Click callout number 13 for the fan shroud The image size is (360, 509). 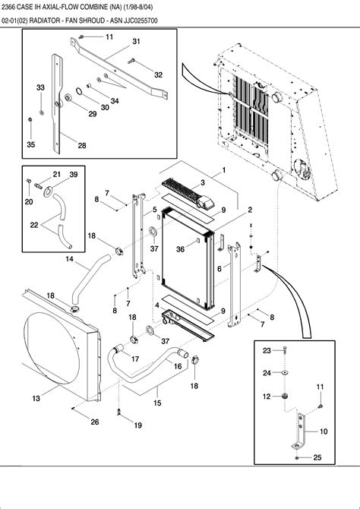[x=36, y=398]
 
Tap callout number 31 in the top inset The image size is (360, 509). [x=136, y=41]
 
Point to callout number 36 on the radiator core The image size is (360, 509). [x=180, y=249]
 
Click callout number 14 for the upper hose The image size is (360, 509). [x=69, y=260]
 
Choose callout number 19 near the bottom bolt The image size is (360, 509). [x=137, y=425]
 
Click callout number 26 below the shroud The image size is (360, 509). [x=95, y=422]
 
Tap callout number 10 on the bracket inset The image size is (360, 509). [x=324, y=431]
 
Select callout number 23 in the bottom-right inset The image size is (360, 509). [x=267, y=350]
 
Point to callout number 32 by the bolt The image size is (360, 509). [x=158, y=74]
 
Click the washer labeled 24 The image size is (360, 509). [x=284, y=373]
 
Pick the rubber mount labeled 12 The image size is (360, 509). [x=286, y=397]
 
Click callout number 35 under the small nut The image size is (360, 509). [x=30, y=144]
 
